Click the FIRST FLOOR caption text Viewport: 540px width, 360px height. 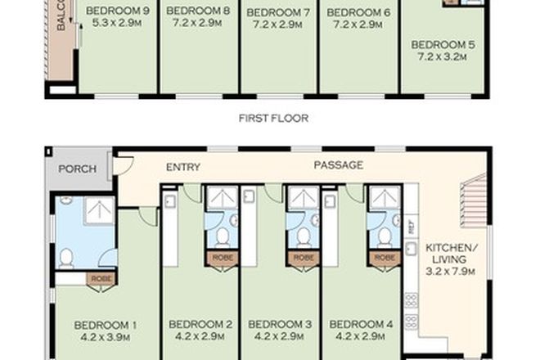[273, 119]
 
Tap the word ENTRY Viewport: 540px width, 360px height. [183, 167]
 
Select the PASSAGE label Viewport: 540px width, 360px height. [339, 166]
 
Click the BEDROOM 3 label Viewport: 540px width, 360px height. [280, 325]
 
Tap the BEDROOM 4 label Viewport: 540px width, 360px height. [361, 325]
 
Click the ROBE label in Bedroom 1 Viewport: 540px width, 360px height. [101, 277]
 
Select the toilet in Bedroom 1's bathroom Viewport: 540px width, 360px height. [66, 258]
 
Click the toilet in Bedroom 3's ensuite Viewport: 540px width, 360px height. [303, 237]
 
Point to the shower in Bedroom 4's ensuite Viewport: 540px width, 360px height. [383, 198]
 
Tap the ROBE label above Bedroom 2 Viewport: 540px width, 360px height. [221, 257]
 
